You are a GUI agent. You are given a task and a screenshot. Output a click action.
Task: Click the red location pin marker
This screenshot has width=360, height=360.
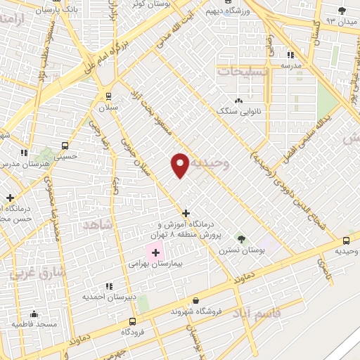coord(180,165)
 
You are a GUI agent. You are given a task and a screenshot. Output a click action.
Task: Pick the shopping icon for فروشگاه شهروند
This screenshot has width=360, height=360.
coord(195,300)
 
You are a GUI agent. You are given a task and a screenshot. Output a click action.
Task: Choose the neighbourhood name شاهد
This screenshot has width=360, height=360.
coord(97,224)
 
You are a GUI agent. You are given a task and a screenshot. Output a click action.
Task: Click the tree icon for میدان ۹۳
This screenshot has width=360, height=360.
coord(342,10)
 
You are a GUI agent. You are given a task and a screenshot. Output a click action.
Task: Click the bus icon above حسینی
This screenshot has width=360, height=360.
coord(65,146)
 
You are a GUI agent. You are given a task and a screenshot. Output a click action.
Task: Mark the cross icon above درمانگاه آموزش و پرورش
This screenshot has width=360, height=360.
coord(186,212)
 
